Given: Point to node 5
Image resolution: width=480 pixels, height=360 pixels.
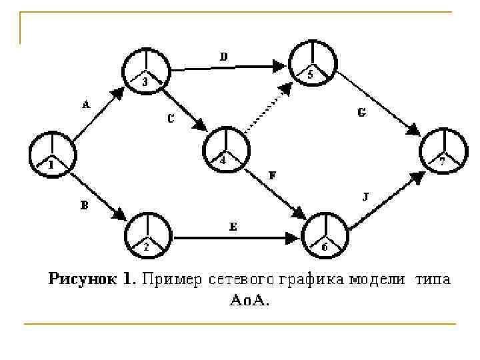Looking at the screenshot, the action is pos(310,63).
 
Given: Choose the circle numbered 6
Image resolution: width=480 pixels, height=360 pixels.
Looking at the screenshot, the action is pos(325,236).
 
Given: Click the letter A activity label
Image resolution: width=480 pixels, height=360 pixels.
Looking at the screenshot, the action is pos(85,105).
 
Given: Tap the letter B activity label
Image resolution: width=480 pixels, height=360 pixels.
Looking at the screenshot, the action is pos(85,206).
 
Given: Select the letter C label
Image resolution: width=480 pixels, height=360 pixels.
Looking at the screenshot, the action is pos(171,120).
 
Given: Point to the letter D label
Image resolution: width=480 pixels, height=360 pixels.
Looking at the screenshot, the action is pos(224,57).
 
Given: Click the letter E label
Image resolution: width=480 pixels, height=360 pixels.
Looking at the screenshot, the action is pos(233,227).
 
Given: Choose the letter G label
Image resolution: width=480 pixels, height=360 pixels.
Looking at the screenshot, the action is pos(361,113).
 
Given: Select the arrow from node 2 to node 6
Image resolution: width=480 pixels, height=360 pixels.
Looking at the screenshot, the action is pos(237,237).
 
